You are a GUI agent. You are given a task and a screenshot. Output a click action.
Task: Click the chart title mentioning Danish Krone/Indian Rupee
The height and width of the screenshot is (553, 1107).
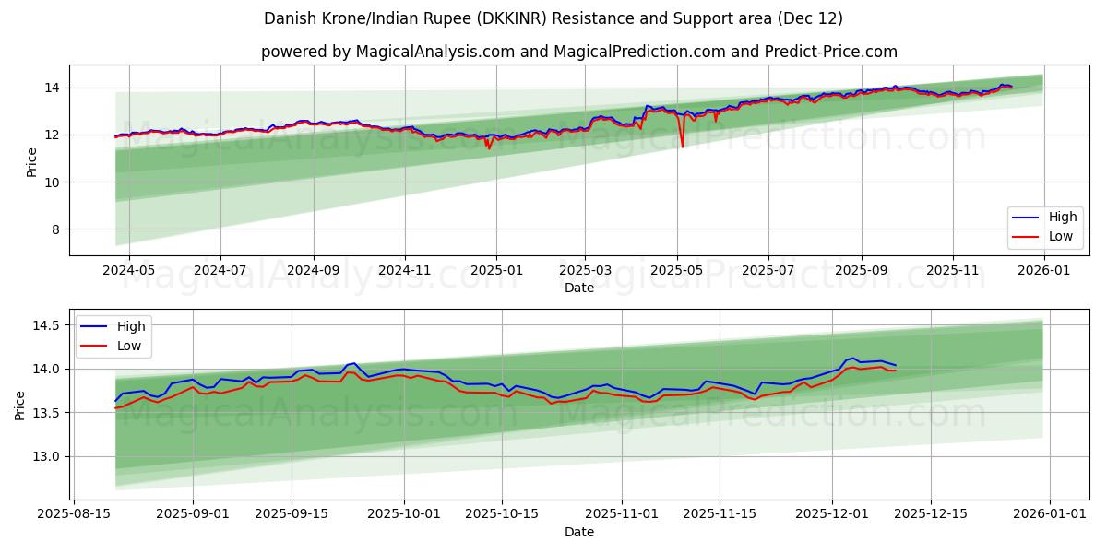pyautogui.click(x=553, y=18)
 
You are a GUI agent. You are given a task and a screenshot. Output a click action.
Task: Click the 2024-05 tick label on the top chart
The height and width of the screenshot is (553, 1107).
pyautogui.click(x=128, y=271)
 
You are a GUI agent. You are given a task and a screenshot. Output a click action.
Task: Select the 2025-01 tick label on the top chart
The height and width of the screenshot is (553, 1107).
pyautogui.click(x=496, y=271)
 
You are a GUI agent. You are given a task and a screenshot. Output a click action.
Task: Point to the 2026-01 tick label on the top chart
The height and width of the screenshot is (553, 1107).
pyautogui.click(x=1043, y=271)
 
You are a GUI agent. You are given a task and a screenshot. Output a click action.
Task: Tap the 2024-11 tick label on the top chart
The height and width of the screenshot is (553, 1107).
pyautogui.click(x=405, y=271)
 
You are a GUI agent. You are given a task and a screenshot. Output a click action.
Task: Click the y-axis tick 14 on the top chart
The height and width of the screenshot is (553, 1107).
pyautogui.click(x=54, y=88)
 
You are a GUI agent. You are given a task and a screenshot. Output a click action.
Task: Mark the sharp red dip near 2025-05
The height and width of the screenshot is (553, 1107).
pyautogui.click(x=682, y=146)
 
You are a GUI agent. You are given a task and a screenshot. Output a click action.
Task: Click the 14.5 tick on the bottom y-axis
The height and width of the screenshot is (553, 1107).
pyautogui.click(x=45, y=325)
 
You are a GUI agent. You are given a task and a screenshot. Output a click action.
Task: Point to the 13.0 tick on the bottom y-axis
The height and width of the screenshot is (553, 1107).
pyautogui.click(x=45, y=456)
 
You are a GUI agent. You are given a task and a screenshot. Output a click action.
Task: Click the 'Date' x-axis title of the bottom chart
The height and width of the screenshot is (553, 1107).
pyautogui.click(x=578, y=533)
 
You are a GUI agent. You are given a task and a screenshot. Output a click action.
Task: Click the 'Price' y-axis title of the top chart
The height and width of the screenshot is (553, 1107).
pyautogui.click(x=31, y=162)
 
